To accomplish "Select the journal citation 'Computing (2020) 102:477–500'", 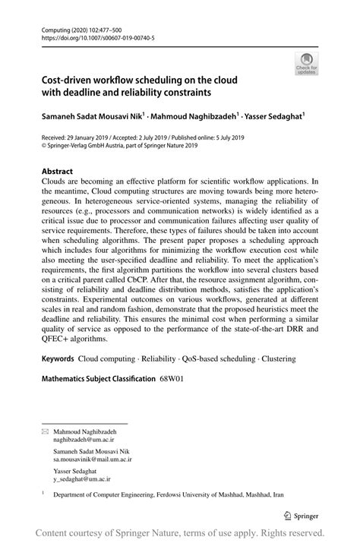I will point(81,27).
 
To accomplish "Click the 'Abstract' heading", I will point(58,172).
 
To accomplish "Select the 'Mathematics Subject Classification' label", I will point(99,377).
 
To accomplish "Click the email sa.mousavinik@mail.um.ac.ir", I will point(93,459).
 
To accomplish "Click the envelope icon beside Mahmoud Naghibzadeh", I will point(44,431).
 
